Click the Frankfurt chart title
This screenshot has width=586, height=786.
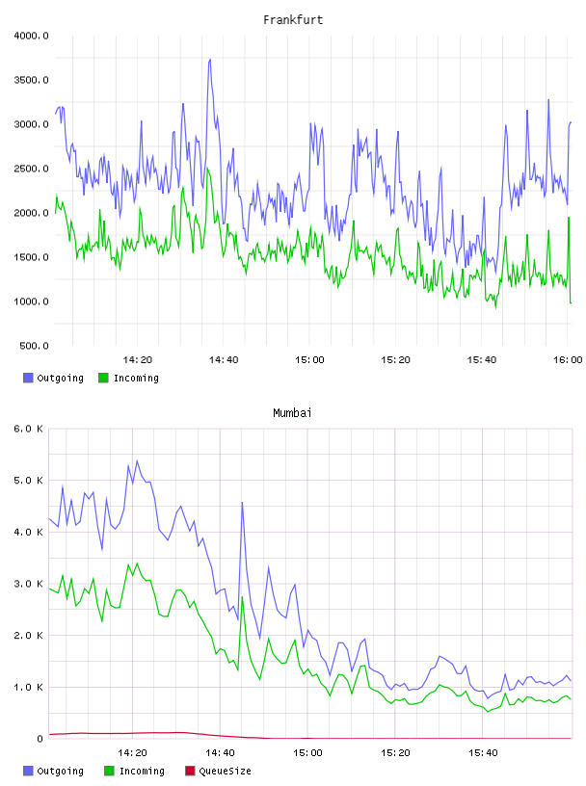[293, 20]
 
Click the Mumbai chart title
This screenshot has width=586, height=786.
[292, 413]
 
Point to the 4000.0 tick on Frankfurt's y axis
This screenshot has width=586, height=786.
[31, 36]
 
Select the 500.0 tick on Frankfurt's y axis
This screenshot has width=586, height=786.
[34, 346]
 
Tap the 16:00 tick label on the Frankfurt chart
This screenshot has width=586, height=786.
[568, 360]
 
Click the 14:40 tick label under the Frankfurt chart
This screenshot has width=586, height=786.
[224, 360]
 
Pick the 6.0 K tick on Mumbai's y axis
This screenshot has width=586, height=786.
[29, 429]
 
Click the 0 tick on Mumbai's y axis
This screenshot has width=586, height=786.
[40, 739]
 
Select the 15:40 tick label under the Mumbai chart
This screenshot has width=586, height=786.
[483, 753]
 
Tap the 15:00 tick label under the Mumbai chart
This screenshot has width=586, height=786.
[307, 753]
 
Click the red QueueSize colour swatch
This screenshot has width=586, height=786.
[190, 771]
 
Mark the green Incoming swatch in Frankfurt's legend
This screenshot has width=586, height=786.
[103, 378]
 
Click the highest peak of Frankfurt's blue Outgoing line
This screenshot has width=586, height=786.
[210, 59]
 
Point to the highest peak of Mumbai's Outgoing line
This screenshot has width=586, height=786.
[137, 460]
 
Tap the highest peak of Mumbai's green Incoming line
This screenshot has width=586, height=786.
[137, 563]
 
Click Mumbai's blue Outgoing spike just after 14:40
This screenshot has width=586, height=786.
[242, 502]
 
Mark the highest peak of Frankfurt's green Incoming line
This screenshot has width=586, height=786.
[207, 168]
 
